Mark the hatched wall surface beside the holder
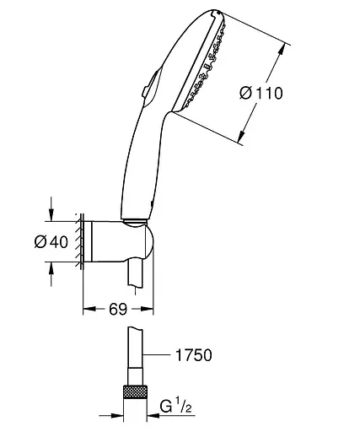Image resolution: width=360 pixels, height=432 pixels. click(x=79, y=243)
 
